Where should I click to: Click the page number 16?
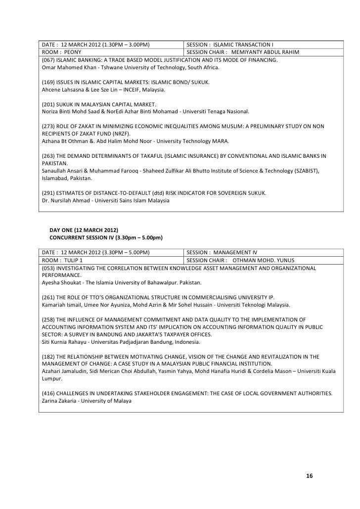pyautogui.click(x=310, y=476)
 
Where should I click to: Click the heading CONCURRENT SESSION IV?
pyautogui.click(x=81, y=238)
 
